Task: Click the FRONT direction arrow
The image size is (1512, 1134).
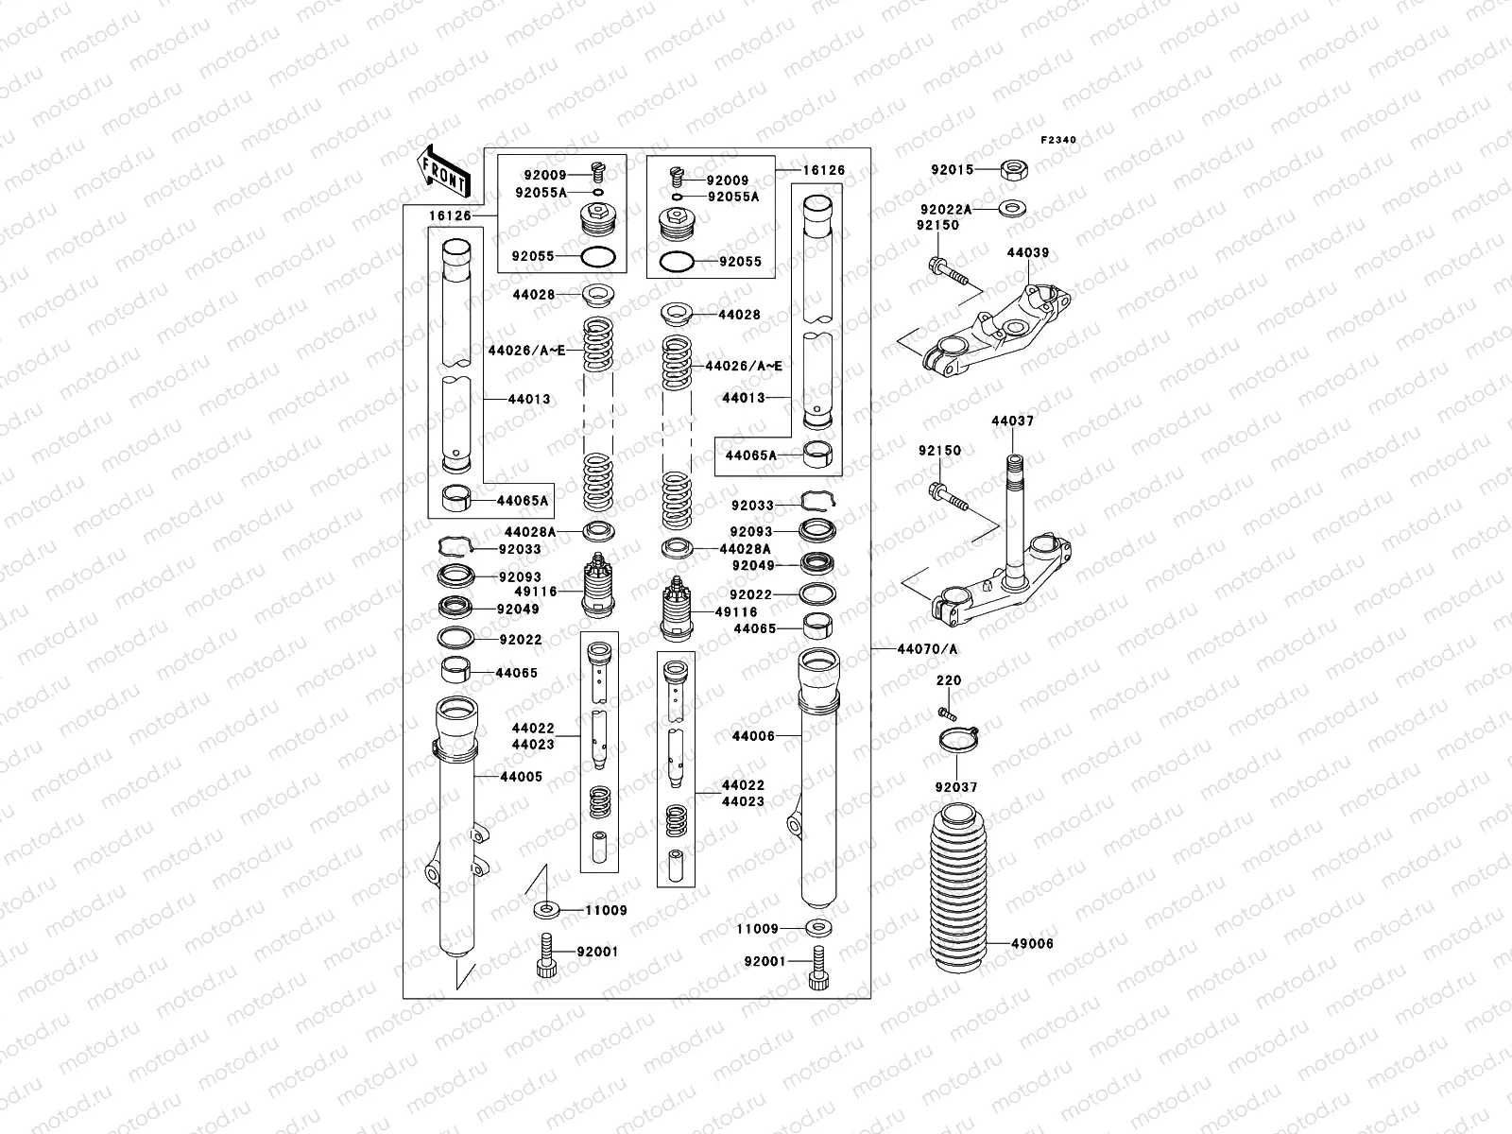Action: tap(444, 167)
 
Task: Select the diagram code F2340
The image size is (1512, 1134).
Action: tap(1058, 140)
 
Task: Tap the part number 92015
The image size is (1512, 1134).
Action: tap(952, 170)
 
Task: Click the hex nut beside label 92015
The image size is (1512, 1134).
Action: tap(1015, 170)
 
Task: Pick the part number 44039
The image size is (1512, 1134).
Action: tap(1027, 253)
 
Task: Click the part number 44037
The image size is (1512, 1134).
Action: tap(1012, 421)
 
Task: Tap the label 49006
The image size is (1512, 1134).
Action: tap(1032, 943)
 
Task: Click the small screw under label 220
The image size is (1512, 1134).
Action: tap(946, 711)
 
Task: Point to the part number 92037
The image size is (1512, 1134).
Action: tap(956, 787)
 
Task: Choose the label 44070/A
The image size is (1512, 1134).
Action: tap(914, 649)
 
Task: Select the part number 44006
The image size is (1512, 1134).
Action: tap(753, 735)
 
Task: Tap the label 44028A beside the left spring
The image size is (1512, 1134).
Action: tap(531, 532)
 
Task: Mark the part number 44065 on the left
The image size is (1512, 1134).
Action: tap(517, 674)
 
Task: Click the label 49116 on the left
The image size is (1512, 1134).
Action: tap(537, 592)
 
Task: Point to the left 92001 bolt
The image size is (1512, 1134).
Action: tap(546, 950)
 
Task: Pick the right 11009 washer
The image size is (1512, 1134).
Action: tap(818, 928)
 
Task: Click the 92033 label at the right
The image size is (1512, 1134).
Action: tap(752, 506)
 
